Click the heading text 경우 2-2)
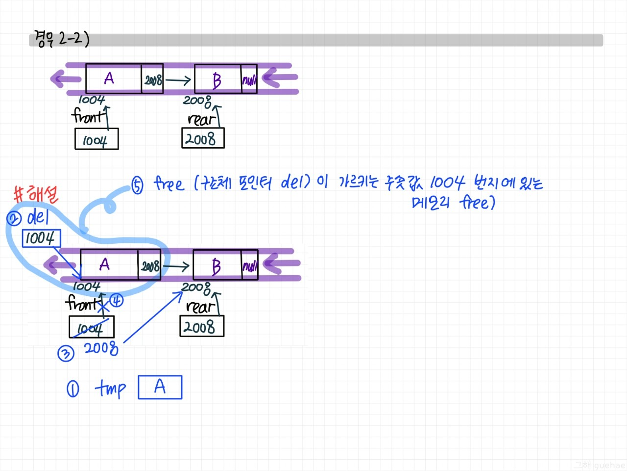[x=61, y=38]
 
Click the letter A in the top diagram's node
[x=109, y=78]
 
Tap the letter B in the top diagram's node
[x=217, y=80]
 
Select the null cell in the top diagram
[x=249, y=79]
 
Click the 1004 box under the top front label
[x=96, y=139]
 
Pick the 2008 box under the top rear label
[x=202, y=138]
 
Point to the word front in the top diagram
[x=88, y=117]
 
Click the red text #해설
[x=36, y=194]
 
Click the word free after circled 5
[x=169, y=184]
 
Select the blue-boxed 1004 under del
[x=41, y=238]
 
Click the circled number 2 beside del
[x=14, y=218]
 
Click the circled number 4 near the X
[x=116, y=300]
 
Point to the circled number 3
[x=66, y=353]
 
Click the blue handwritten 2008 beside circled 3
[x=101, y=348]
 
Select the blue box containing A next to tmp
[x=160, y=387]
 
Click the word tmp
[x=110, y=389]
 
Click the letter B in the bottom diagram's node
[x=216, y=266]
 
